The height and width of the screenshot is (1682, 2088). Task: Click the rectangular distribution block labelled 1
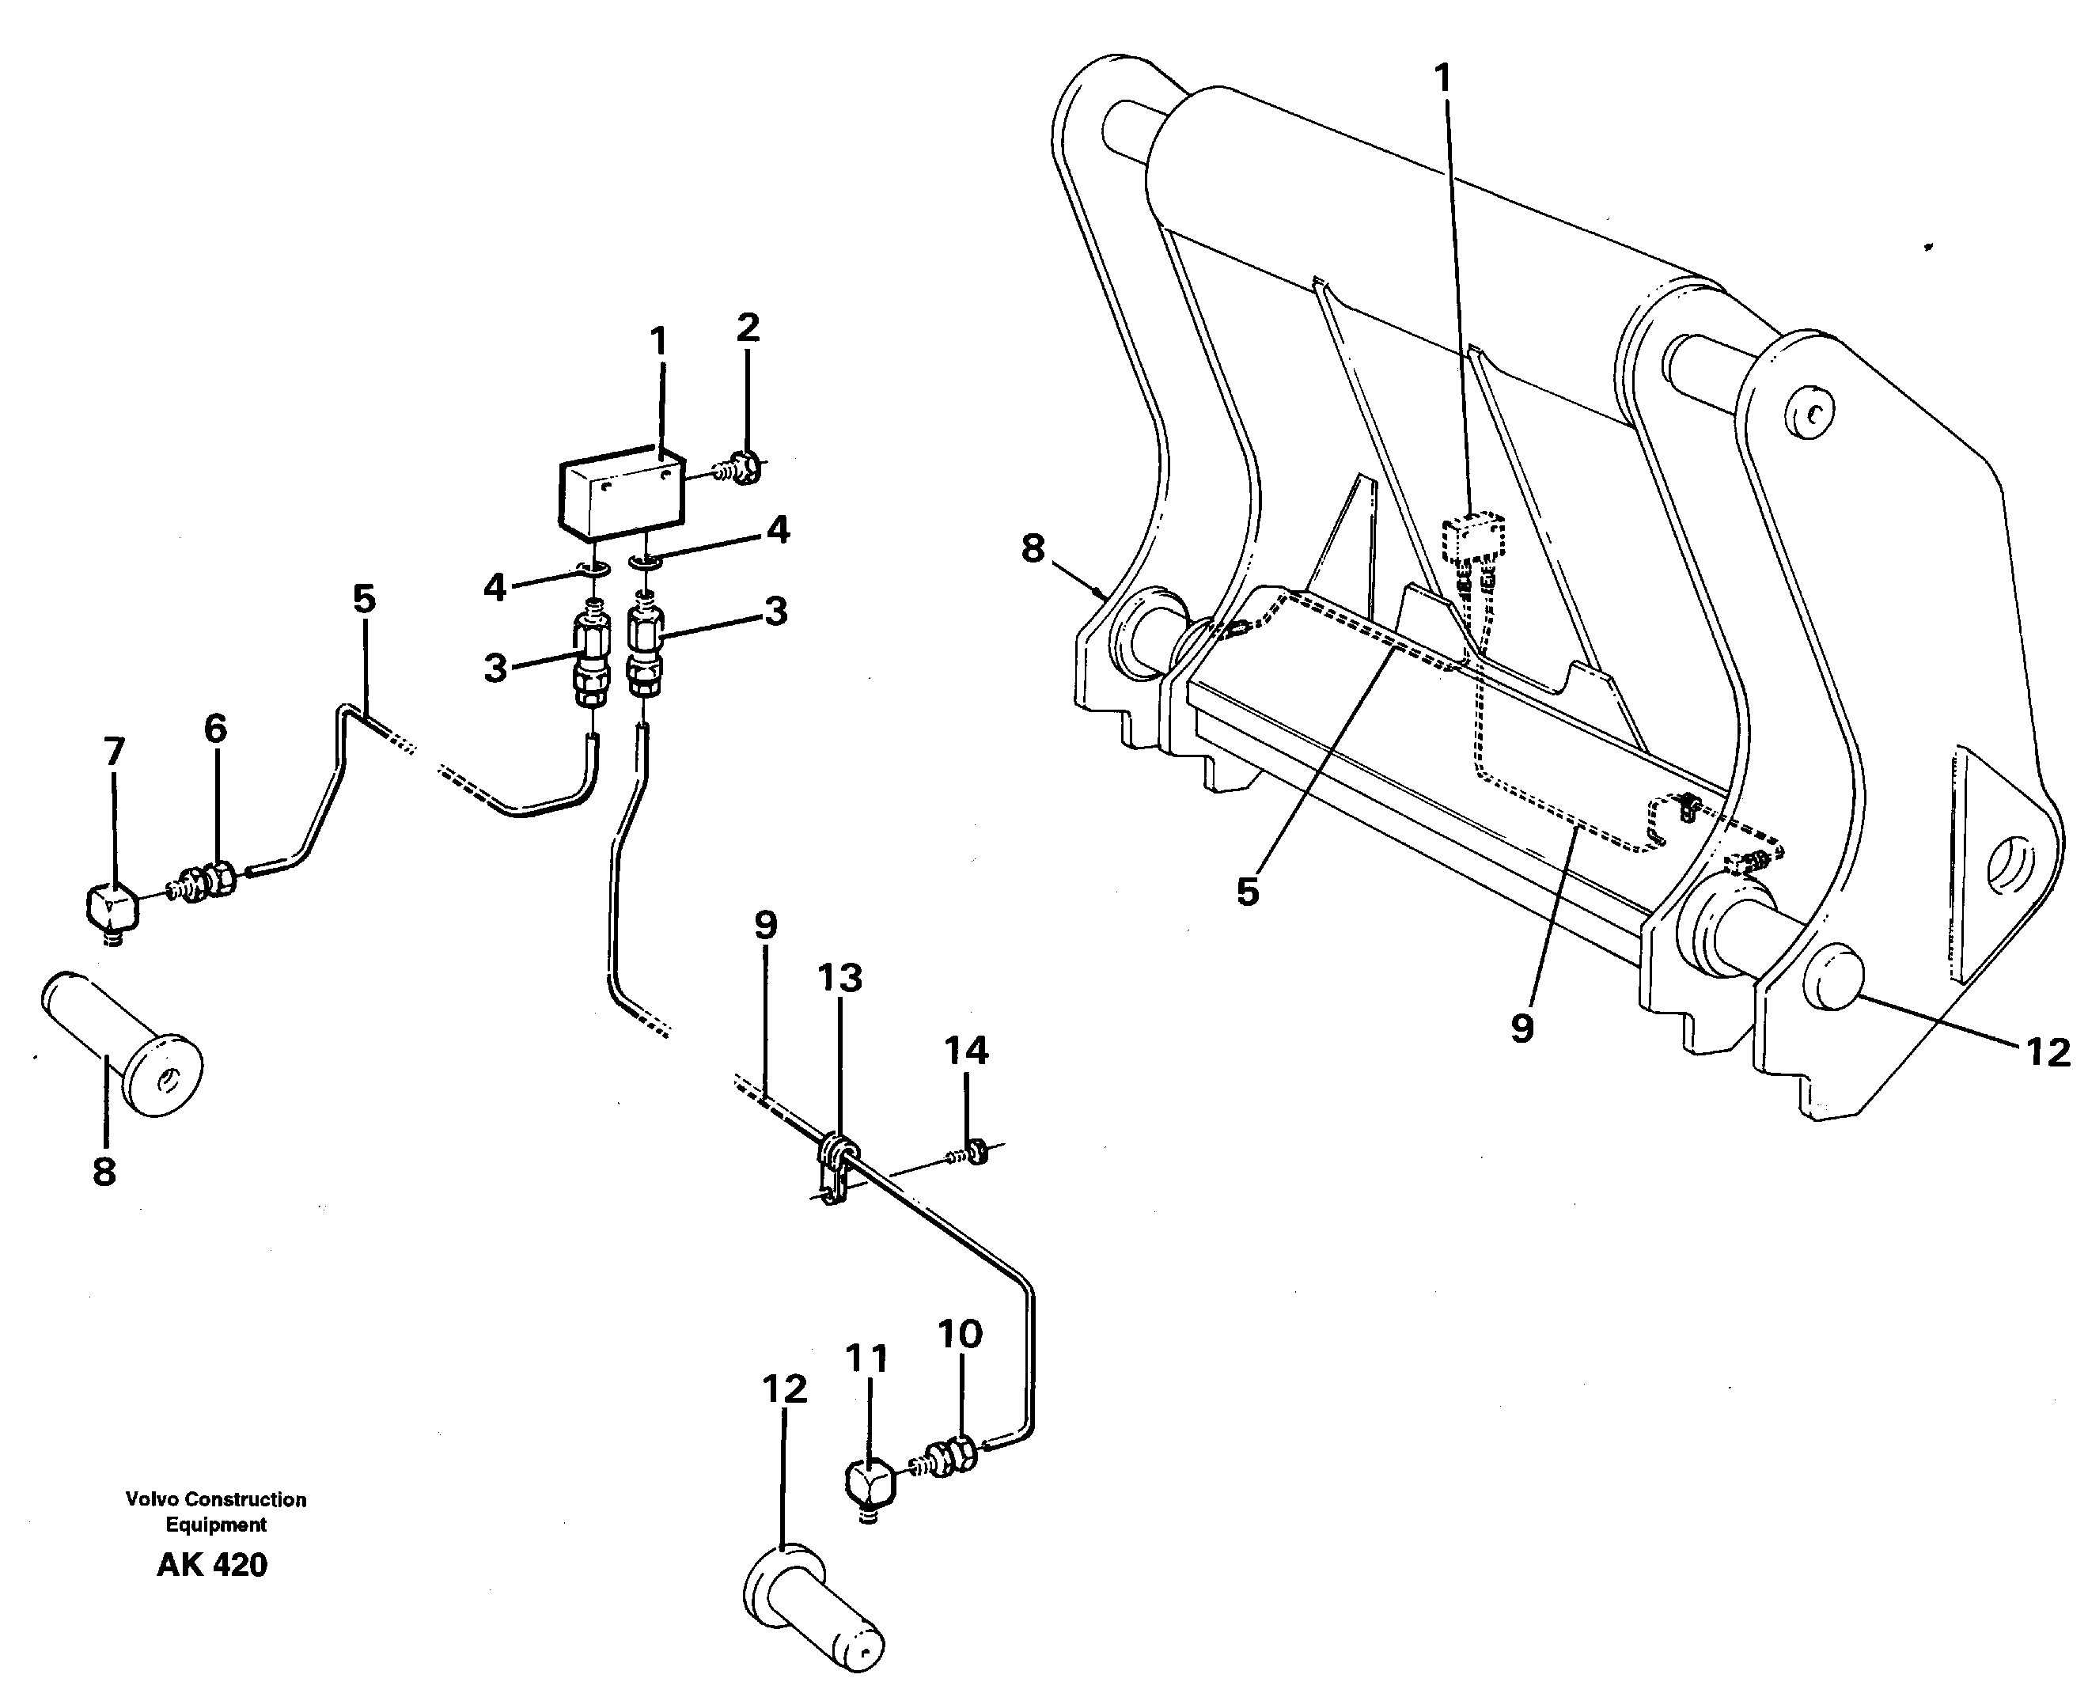(621, 495)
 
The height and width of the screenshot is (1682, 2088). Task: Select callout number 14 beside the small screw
(966, 1051)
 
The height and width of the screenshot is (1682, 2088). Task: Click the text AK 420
(211, 1565)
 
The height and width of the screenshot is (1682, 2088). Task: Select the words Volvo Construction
(215, 1499)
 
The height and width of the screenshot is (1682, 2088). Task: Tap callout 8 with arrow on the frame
(1033, 548)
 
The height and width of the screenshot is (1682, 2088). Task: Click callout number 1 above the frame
(1442, 78)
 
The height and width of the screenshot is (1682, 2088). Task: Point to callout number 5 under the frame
(1247, 892)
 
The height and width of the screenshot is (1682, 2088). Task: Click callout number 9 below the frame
(1522, 1028)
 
